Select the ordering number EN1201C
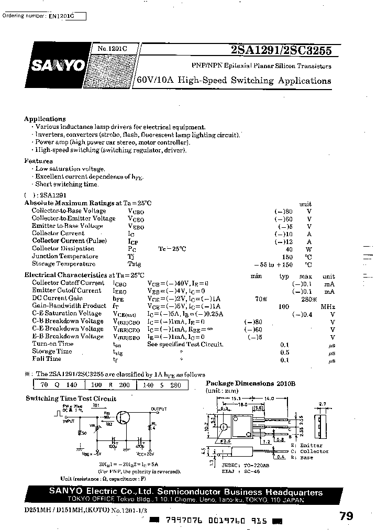click(x=61, y=17)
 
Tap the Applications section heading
click(x=45, y=119)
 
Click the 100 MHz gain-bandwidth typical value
click(x=284, y=306)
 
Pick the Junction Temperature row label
click(x=64, y=257)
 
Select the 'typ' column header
click(x=284, y=276)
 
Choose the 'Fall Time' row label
click(x=47, y=359)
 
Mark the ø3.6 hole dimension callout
click(x=226, y=440)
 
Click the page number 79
click(x=346, y=516)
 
